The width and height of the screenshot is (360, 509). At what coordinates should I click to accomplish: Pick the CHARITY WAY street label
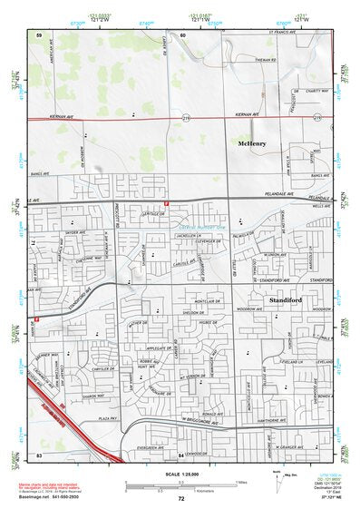[316, 90]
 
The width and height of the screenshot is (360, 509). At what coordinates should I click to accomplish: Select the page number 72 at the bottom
[181, 499]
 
